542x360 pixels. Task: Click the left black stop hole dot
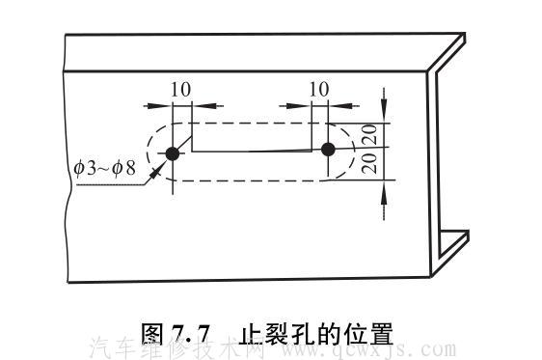point(173,153)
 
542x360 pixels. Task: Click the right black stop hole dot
point(328,149)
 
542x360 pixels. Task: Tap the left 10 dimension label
point(179,89)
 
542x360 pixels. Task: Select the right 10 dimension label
point(319,89)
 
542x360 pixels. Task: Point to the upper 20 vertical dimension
point(367,133)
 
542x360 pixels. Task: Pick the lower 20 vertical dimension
point(367,163)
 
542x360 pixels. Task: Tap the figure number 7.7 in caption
point(192,334)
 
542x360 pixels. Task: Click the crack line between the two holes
point(256,152)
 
